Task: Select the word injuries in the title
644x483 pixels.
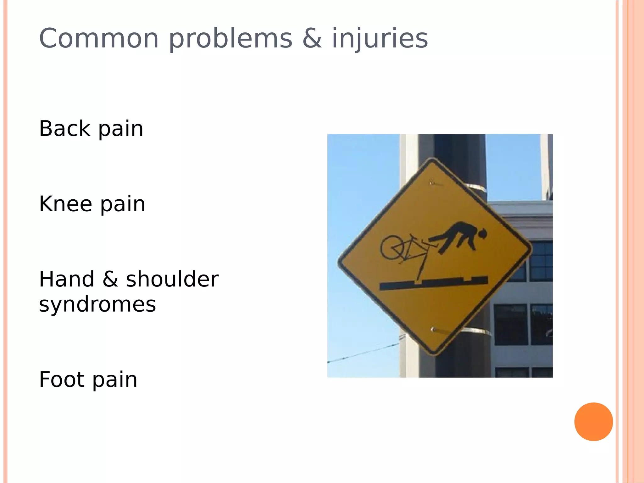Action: coord(380,39)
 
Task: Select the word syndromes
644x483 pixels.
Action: coord(97,304)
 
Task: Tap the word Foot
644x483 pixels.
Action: coord(62,380)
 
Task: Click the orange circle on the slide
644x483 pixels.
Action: coord(593,422)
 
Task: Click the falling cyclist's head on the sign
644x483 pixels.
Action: coord(482,234)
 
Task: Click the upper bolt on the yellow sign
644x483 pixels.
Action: coord(432,182)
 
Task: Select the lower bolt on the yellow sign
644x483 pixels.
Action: coord(433,329)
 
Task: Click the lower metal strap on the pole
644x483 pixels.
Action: coord(478,331)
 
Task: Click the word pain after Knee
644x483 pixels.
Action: coord(123,204)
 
